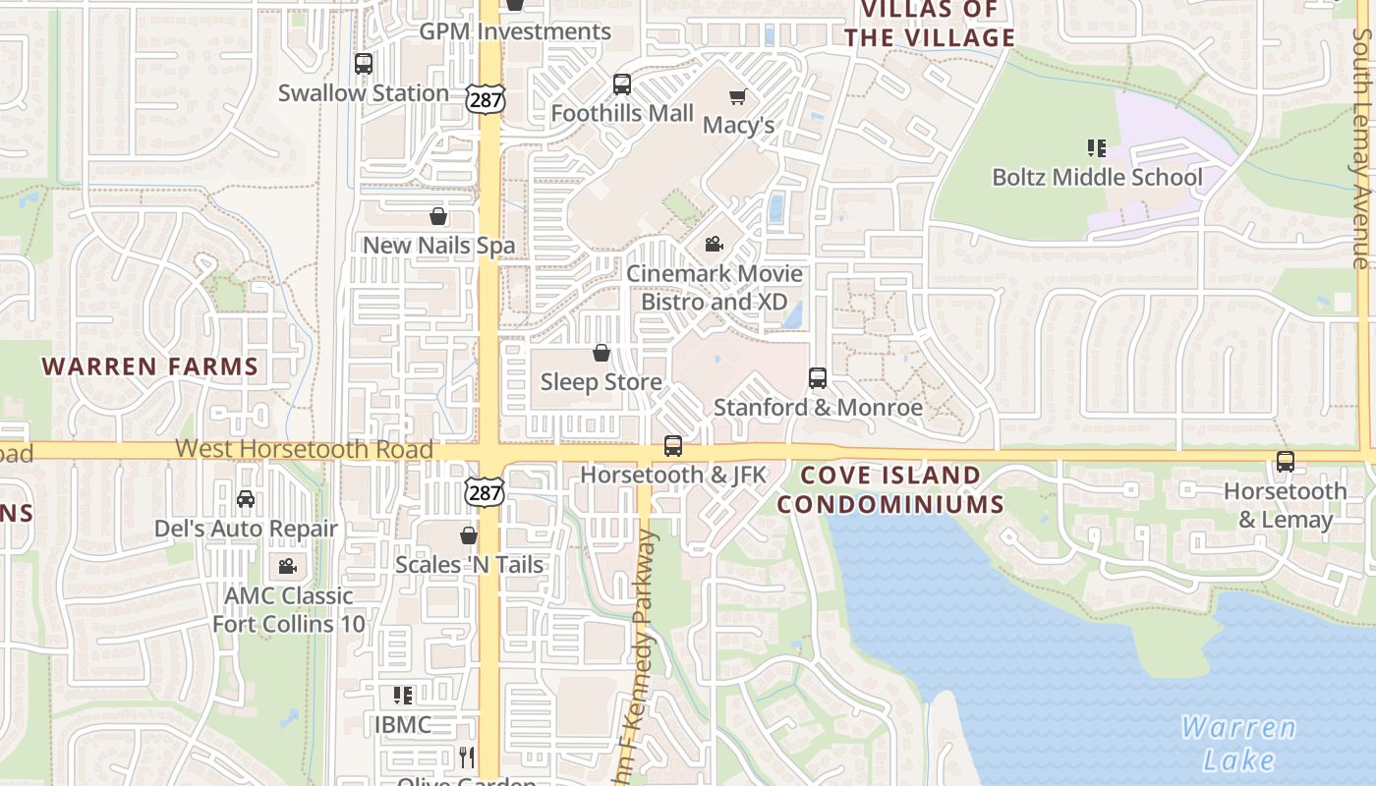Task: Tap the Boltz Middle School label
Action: click(1097, 178)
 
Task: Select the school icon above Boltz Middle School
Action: click(1097, 148)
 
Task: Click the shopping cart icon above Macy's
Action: click(738, 96)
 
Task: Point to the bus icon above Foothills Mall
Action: click(622, 84)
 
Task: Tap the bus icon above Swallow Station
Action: click(364, 64)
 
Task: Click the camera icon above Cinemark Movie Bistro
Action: click(715, 244)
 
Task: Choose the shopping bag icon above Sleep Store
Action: click(602, 353)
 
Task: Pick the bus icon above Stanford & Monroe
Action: click(818, 377)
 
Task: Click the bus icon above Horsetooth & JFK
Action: click(673, 446)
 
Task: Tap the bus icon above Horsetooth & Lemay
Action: click(1285, 461)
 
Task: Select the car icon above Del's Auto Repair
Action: click(246, 499)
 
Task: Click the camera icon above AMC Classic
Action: click(287, 566)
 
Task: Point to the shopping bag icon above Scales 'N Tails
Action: click(469, 535)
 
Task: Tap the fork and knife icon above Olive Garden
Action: click(467, 757)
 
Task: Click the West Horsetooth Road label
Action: click(304, 449)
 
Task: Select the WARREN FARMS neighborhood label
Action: click(149, 366)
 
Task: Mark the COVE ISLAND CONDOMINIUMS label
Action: click(890, 489)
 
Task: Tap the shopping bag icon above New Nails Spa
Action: click(438, 216)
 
